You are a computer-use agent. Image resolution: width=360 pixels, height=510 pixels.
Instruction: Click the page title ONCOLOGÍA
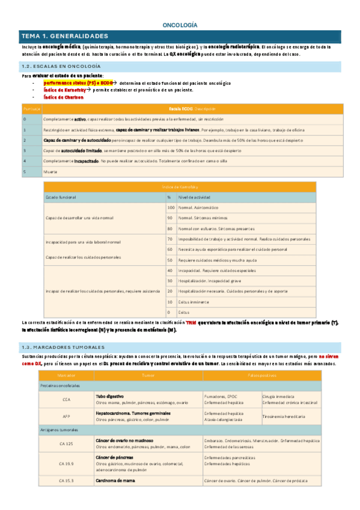click(x=180, y=25)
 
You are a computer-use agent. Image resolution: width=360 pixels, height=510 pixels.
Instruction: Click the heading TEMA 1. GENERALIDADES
click(x=64, y=36)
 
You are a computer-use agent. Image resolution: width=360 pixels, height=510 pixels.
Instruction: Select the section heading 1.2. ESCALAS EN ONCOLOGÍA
click(x=61, y=66)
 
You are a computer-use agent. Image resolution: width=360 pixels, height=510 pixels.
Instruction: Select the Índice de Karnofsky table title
click(x=180, y=188)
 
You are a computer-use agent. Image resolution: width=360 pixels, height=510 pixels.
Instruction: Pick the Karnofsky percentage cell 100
click(x=171, y=207)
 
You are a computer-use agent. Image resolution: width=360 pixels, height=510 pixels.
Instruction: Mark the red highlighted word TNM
click(x=191, y=322)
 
